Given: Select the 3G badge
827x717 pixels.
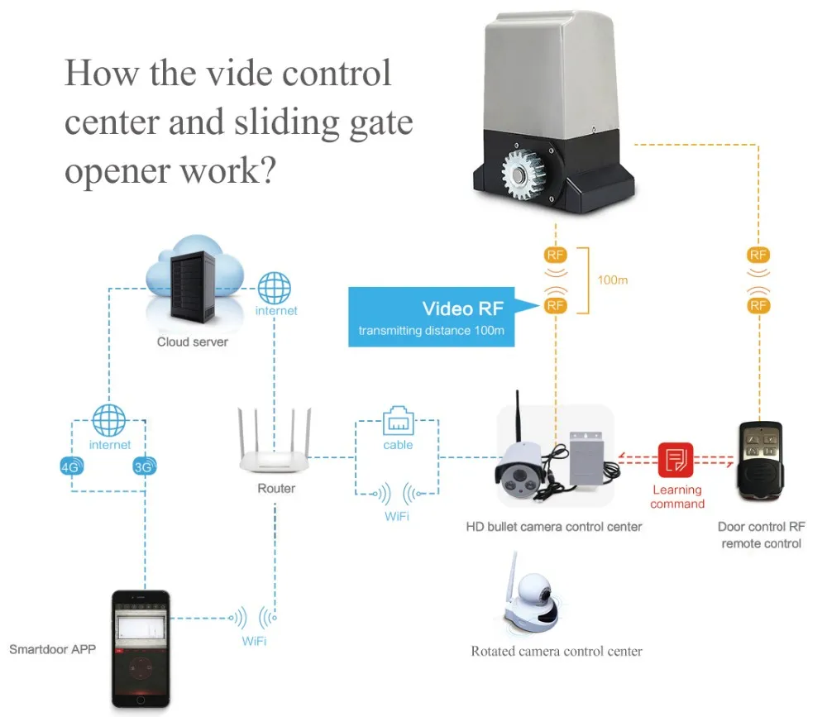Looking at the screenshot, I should click(x=144, y=466).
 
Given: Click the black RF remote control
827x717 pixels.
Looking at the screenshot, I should click(x=759, y=462).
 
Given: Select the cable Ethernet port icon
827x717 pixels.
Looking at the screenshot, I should click(x=398, y=422).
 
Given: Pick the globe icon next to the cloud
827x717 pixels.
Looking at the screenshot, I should click(x=275, y=289).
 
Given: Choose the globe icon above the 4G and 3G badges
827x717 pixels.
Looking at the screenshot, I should click(x=109, y=420).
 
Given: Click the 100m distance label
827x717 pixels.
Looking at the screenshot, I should click(x=612, y=280).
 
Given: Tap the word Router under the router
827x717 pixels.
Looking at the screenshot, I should click(x=276, y=489).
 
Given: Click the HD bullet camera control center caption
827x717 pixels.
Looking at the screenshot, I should click(x=554, y=526).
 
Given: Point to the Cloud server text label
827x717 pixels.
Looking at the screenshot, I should click(x=193, y=342).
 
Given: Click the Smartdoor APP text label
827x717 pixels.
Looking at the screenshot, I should click(x=52, y=648).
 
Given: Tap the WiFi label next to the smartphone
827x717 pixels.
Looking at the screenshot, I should click(x=253, y=641).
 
